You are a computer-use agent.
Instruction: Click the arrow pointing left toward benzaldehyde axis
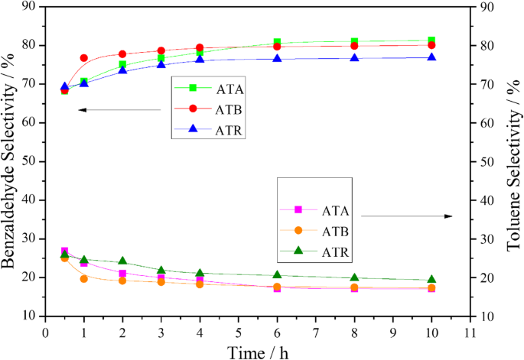[x=119, y=110]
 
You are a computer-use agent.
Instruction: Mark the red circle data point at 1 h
[x=83, y=58]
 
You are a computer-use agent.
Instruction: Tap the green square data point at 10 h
[x=432, y=41]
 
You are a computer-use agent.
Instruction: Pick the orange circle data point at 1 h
[x=83, y=278]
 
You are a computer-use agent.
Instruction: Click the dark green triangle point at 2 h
[x=122, y=261]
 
